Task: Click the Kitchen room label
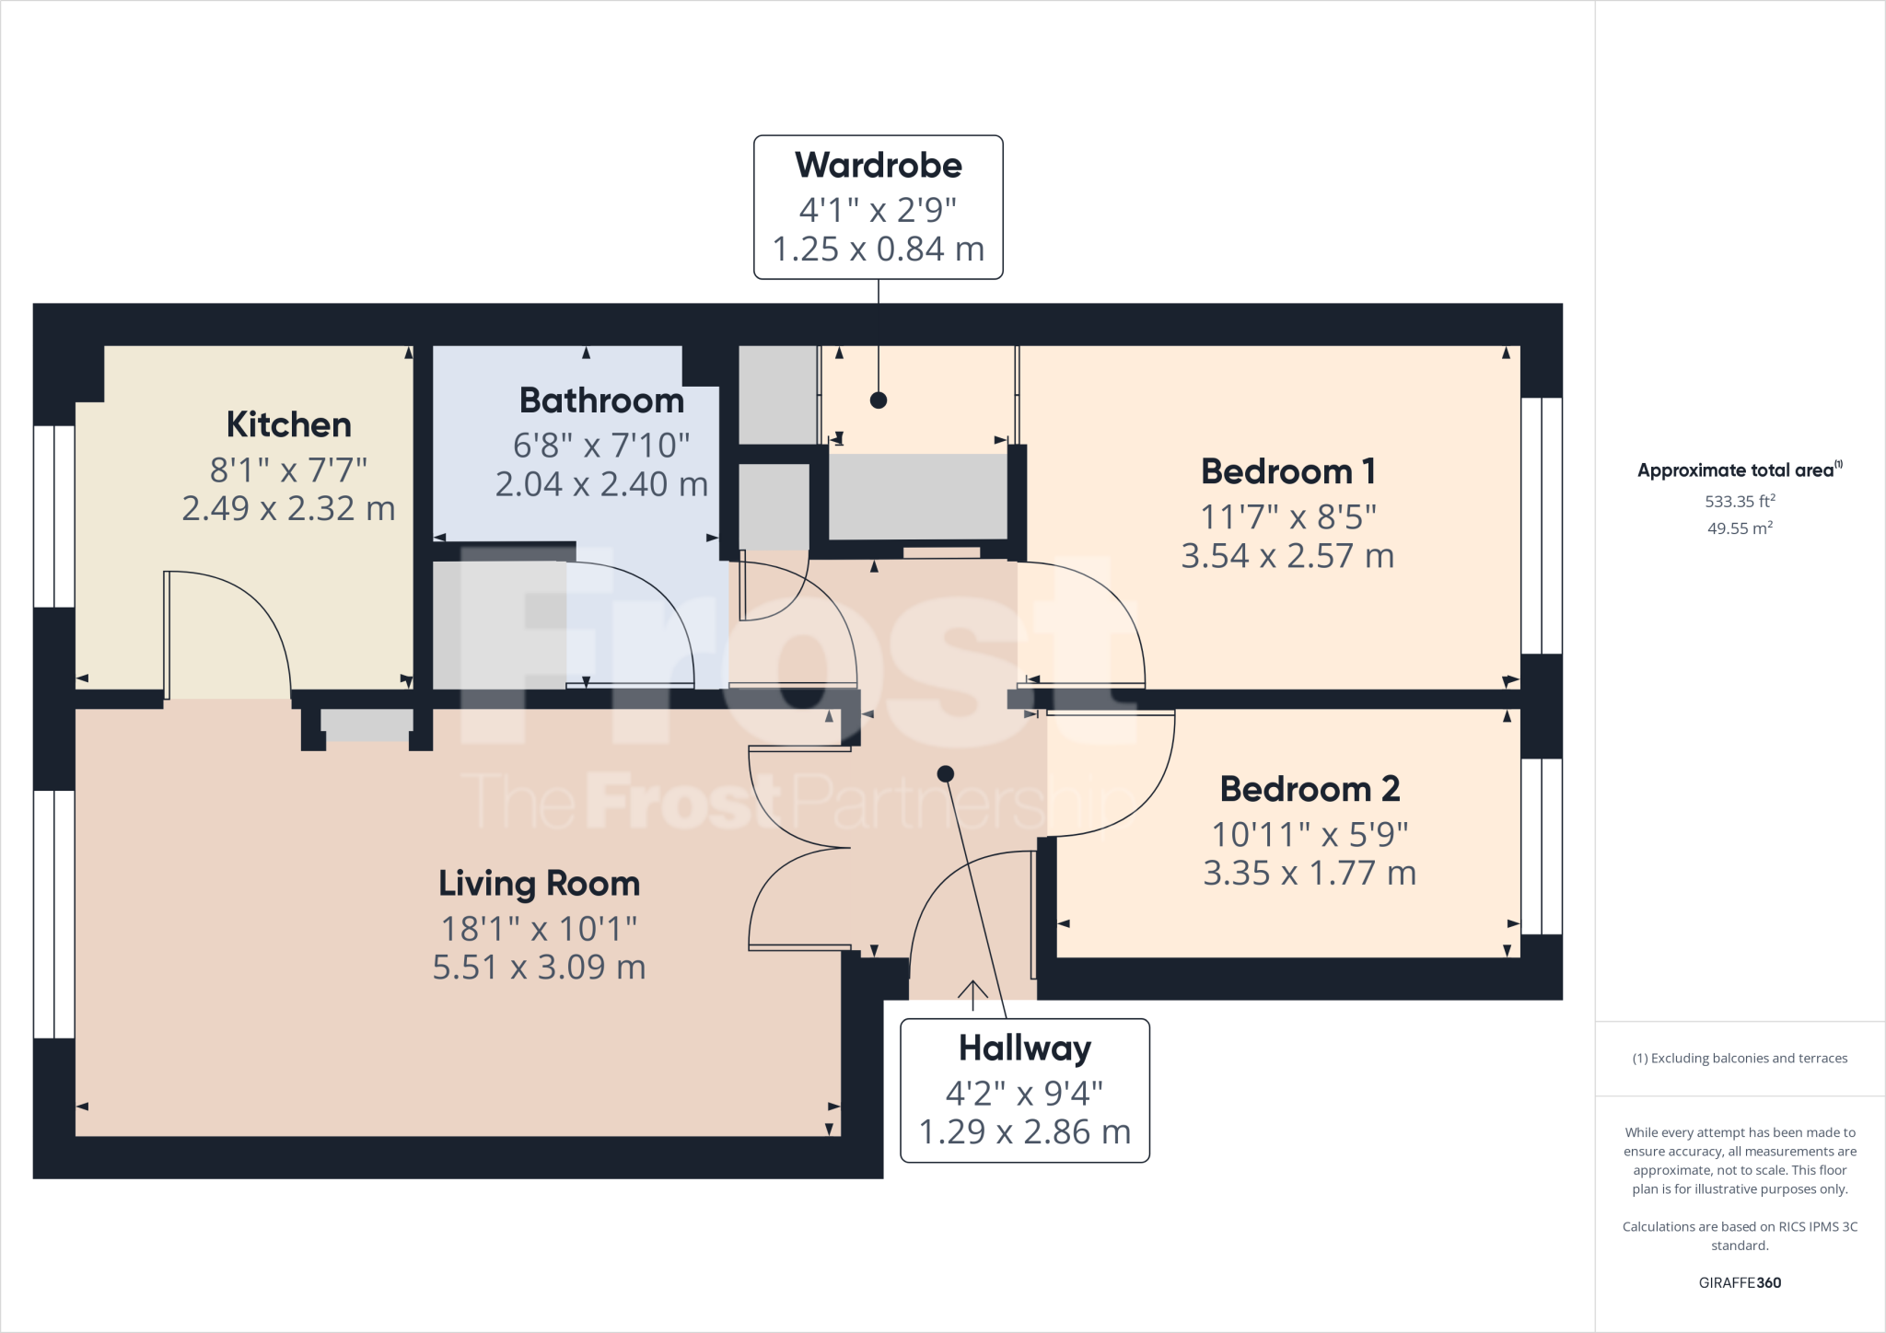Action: tap(289, 425)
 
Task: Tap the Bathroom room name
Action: tap(601, 401)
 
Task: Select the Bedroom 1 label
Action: tap(1287, 472)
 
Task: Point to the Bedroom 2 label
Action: tap(1310, 790)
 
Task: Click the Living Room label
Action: tap(539, 884)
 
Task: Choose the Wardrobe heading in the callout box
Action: tap(879, 166)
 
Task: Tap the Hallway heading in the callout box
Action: tap(1025, 1049)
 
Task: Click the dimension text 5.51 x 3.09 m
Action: tap(539, 968)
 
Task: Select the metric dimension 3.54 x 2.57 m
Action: tap(1287, 556)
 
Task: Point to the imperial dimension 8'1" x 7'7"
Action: tap(288, 470)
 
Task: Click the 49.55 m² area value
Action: tap(1740, 528)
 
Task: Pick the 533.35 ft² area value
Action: tap(1740, 502)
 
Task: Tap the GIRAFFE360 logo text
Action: tap(1740, 1282)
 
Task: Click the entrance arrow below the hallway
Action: tap(972, 994)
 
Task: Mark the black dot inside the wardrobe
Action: tap(879, 400)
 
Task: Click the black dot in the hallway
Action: tap(945, 773)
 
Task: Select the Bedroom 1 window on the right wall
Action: tap(1542, 526)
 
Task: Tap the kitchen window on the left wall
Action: tap(53, 516)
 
